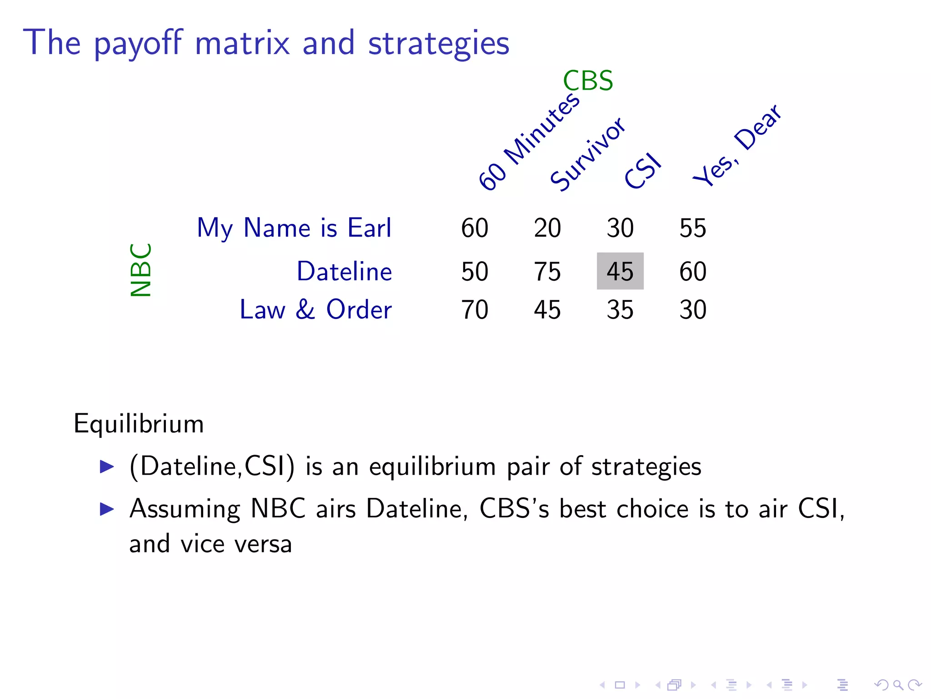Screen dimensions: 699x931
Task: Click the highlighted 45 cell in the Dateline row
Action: (620, 271)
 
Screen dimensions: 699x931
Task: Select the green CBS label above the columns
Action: (588, 81)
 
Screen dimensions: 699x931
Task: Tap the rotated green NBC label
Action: (141, 270)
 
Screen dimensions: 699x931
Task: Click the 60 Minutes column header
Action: (529, 142)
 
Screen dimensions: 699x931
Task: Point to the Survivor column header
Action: (587, 154)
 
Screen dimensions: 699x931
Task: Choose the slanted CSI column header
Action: (642, 171)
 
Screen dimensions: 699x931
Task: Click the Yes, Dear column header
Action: (736, 145)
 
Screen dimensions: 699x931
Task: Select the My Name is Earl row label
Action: (294, 228)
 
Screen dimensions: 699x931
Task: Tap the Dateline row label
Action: (344, 272)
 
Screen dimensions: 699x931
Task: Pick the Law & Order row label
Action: (315, 310)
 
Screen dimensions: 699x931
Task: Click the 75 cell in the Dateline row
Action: (547, 272)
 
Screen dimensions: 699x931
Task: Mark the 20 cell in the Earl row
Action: (547, 228)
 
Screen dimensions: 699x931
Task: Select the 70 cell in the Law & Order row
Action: (475, 310)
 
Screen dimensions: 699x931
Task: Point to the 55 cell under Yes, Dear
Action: (693, 228)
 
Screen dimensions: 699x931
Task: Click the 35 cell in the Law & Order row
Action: (620, 310)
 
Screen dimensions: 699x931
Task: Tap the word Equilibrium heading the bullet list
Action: (139, 424)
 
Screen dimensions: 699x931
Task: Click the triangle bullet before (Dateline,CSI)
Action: (107, 466)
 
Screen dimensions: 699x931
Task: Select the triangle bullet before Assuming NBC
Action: (107, 509)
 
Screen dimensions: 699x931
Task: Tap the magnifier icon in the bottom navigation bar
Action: (898, 684)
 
